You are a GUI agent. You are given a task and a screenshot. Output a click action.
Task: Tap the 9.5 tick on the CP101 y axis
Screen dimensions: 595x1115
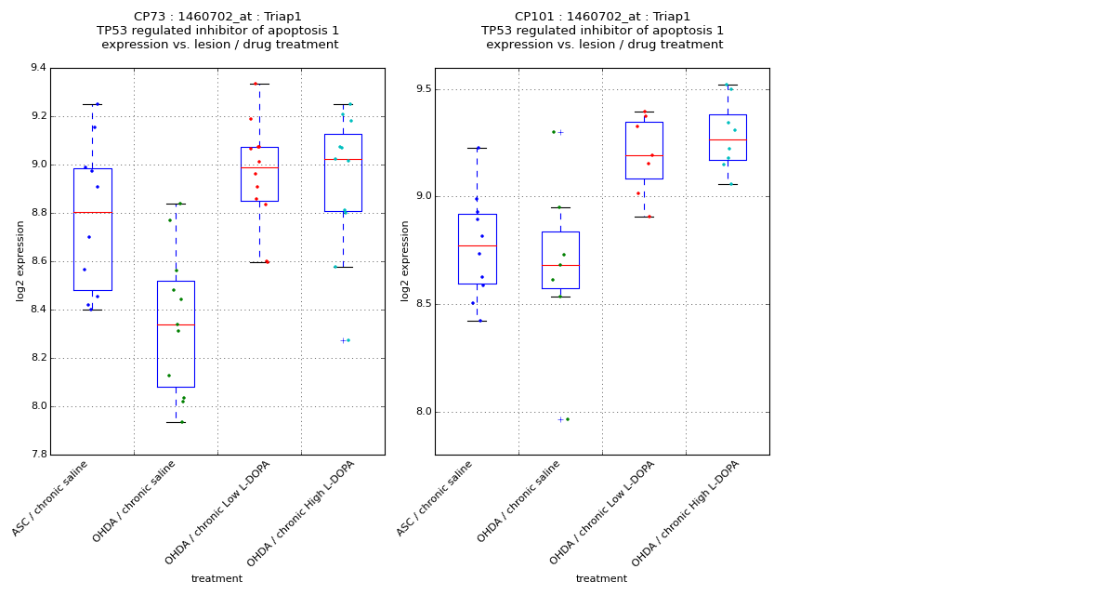[421, 89]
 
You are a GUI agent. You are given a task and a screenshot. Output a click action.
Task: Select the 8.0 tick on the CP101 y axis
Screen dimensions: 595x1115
[421, 412]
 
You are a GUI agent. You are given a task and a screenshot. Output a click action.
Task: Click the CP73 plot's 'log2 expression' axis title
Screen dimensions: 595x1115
[20, 261]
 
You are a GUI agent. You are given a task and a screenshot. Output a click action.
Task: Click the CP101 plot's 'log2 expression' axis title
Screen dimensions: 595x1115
[405, 261]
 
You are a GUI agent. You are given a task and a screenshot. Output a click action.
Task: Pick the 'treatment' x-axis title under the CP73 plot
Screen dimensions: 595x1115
[216, 579]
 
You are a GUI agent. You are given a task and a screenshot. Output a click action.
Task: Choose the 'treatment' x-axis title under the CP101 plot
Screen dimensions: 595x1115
[601, 579]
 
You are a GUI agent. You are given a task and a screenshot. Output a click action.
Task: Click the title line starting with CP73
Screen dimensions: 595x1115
[217, 17]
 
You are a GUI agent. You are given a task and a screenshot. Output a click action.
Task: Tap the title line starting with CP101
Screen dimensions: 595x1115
[602, 17]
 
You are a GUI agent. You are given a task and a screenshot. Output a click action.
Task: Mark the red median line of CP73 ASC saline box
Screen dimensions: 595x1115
[92, 212]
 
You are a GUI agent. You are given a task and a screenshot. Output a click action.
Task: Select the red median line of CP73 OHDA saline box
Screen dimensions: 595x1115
[176, 324]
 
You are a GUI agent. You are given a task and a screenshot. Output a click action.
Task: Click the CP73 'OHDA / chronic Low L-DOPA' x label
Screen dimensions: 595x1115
[218, 511]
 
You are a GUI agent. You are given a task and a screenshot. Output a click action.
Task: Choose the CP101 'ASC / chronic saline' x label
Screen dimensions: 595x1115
[435, 498]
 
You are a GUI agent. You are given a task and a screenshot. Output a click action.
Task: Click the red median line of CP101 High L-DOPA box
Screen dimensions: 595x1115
[728, 139]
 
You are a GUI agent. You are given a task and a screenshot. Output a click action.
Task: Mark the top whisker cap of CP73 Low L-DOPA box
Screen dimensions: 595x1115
[259, 84]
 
